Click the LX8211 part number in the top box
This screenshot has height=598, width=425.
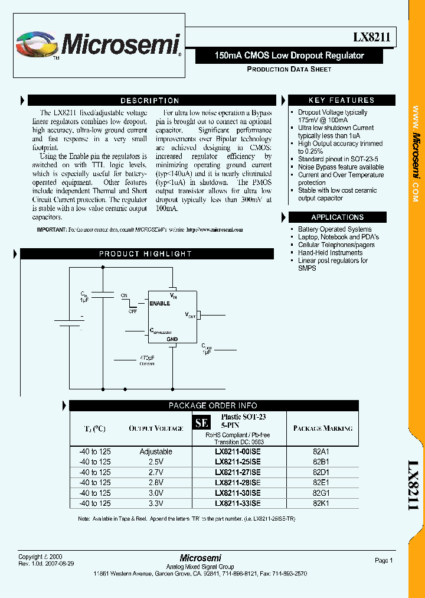371,37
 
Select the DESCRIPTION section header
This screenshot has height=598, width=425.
150,100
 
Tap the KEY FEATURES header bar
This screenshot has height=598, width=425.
341,100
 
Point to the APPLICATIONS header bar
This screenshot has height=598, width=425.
338,217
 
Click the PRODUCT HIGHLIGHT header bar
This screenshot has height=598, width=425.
145,253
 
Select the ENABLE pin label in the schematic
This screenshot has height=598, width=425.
159,303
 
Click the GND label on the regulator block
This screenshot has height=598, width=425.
172,340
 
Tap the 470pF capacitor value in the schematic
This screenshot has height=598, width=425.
146,357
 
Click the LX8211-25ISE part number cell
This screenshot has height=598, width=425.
238,461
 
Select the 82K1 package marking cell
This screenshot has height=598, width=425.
321,503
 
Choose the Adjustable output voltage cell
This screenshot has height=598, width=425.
156,451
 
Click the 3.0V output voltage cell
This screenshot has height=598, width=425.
156,493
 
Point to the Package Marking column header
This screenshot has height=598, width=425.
323,428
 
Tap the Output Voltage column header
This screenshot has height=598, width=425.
156,428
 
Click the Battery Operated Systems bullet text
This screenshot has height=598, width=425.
335,229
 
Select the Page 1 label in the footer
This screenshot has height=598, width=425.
383,560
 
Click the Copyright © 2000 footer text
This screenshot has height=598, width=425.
40,557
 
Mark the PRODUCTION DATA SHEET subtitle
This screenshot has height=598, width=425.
289,69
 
